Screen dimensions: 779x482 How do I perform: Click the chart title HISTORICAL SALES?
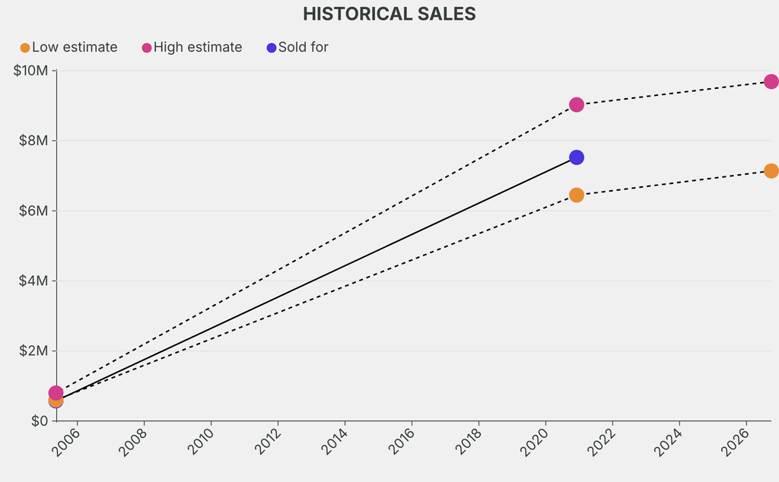click(389, 14)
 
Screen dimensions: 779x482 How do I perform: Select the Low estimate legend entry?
click(68, 47)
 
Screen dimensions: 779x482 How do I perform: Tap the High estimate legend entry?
click(192, 47)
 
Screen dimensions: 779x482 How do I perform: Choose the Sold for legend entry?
click(297, 47)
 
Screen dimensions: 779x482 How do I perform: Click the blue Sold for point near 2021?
click(577, 157)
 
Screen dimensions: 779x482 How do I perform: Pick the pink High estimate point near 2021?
click(577, 105)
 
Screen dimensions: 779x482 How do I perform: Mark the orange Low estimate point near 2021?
click(577, 195)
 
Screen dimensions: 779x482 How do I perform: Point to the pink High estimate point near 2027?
click(771, 81)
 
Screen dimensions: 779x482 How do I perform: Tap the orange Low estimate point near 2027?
click(771, 171)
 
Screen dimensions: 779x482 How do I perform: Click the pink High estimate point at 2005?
click(56, 393)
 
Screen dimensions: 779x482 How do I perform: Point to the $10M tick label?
click(30, 71)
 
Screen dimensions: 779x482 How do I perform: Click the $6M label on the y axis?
click(33, 211)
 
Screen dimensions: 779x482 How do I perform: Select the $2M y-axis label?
click(33, 351)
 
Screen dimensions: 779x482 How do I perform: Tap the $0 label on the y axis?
click(40, 421)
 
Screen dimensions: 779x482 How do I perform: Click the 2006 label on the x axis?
click(65, 441)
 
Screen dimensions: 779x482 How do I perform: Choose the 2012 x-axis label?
click(268, 441)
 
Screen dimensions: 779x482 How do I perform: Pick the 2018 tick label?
click(469, 441)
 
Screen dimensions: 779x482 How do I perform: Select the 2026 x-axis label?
click(735, 441)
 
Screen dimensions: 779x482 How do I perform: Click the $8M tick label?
click(33, 141)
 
